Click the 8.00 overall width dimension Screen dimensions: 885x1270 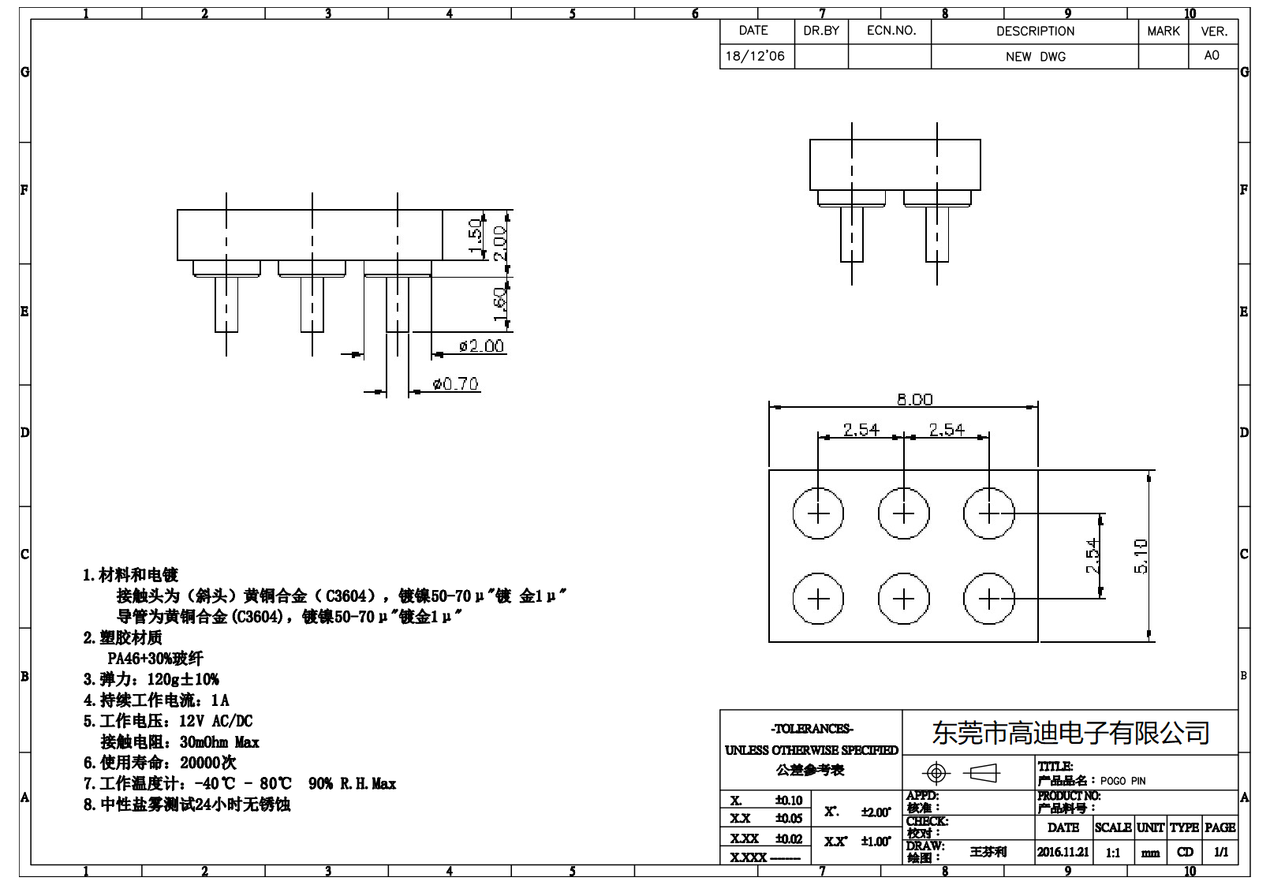pyautogui.click(x=914, y=400)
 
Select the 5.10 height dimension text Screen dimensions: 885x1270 pyautogui.click(x=1141, y=556)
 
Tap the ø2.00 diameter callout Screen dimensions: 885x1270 pyautogui.click(x=481, y=346)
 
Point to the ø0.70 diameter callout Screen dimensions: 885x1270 pyautogui.click(x=456, y=384)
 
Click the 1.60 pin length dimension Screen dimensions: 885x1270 pyautogui.click(x=499, y=304)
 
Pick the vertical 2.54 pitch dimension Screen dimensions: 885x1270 pyautogui.click(x=1093, y=556)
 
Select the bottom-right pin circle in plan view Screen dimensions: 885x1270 pyautogui.click(x=989, y=599)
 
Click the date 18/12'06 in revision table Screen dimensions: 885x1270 pyautogui.click(x=755, y=56)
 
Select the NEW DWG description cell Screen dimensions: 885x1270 pyautogui.click(x=1035, y=57)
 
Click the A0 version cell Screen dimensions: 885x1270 pyautogui.click(x=1212, y=55)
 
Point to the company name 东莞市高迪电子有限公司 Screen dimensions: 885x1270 pyautogui.click(x=1070, y=733)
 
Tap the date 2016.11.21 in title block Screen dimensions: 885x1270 pyautogui.click(x=1063, y=852)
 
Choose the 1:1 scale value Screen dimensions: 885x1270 pyautogui.click(x=1112, y=853)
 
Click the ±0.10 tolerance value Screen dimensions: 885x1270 pyautogui.click(x=788, y=801)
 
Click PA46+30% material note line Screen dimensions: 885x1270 pyautogui.click(x=155, y=658)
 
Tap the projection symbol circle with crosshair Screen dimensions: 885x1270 pyautogui.click(x=936, y=773)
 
